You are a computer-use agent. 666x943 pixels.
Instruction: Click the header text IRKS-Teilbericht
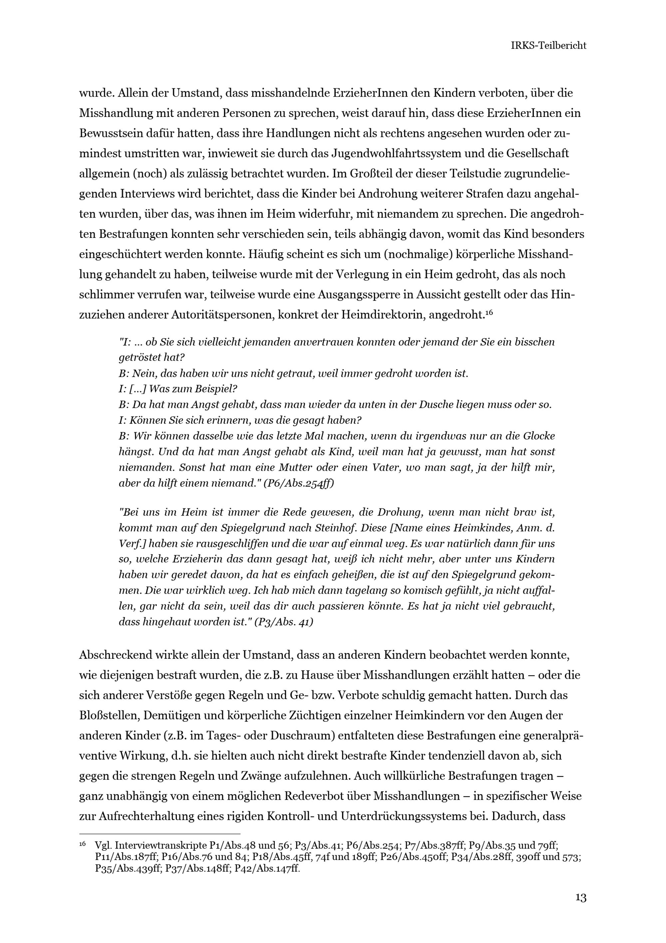(548, 46)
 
